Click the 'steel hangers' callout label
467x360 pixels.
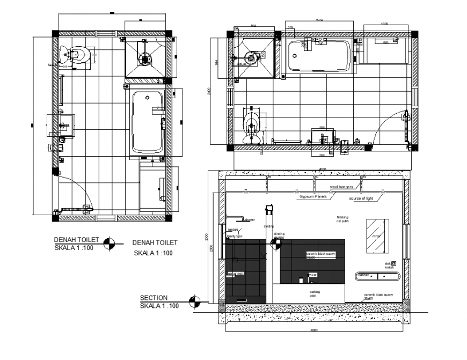pyautogui.click(x=341, y=187)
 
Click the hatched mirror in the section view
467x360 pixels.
pyautogui.click(x=375, y=234)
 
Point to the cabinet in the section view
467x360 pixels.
pyautogui.click(x=378, y=276)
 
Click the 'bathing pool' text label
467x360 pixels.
pyautogui.click(x=315, y=293)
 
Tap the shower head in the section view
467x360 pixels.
pyautogui.click(x=236, y=217)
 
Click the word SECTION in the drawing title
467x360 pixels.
pyautogui.click(x=154, y=298)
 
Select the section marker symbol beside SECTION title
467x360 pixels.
pyautogui.click(x=195, y=302)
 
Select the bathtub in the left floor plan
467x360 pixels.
pyautogui.click(x=148, y=122)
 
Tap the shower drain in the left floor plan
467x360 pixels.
pyautogui.click(x=144, y=58)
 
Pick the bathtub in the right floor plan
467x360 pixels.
pyautogui.click(x=319, y=56)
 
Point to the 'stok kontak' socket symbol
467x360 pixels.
pyautogui.click(x=393, y=263)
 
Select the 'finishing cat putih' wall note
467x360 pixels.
pyautogui.click(x=342, y=219)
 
